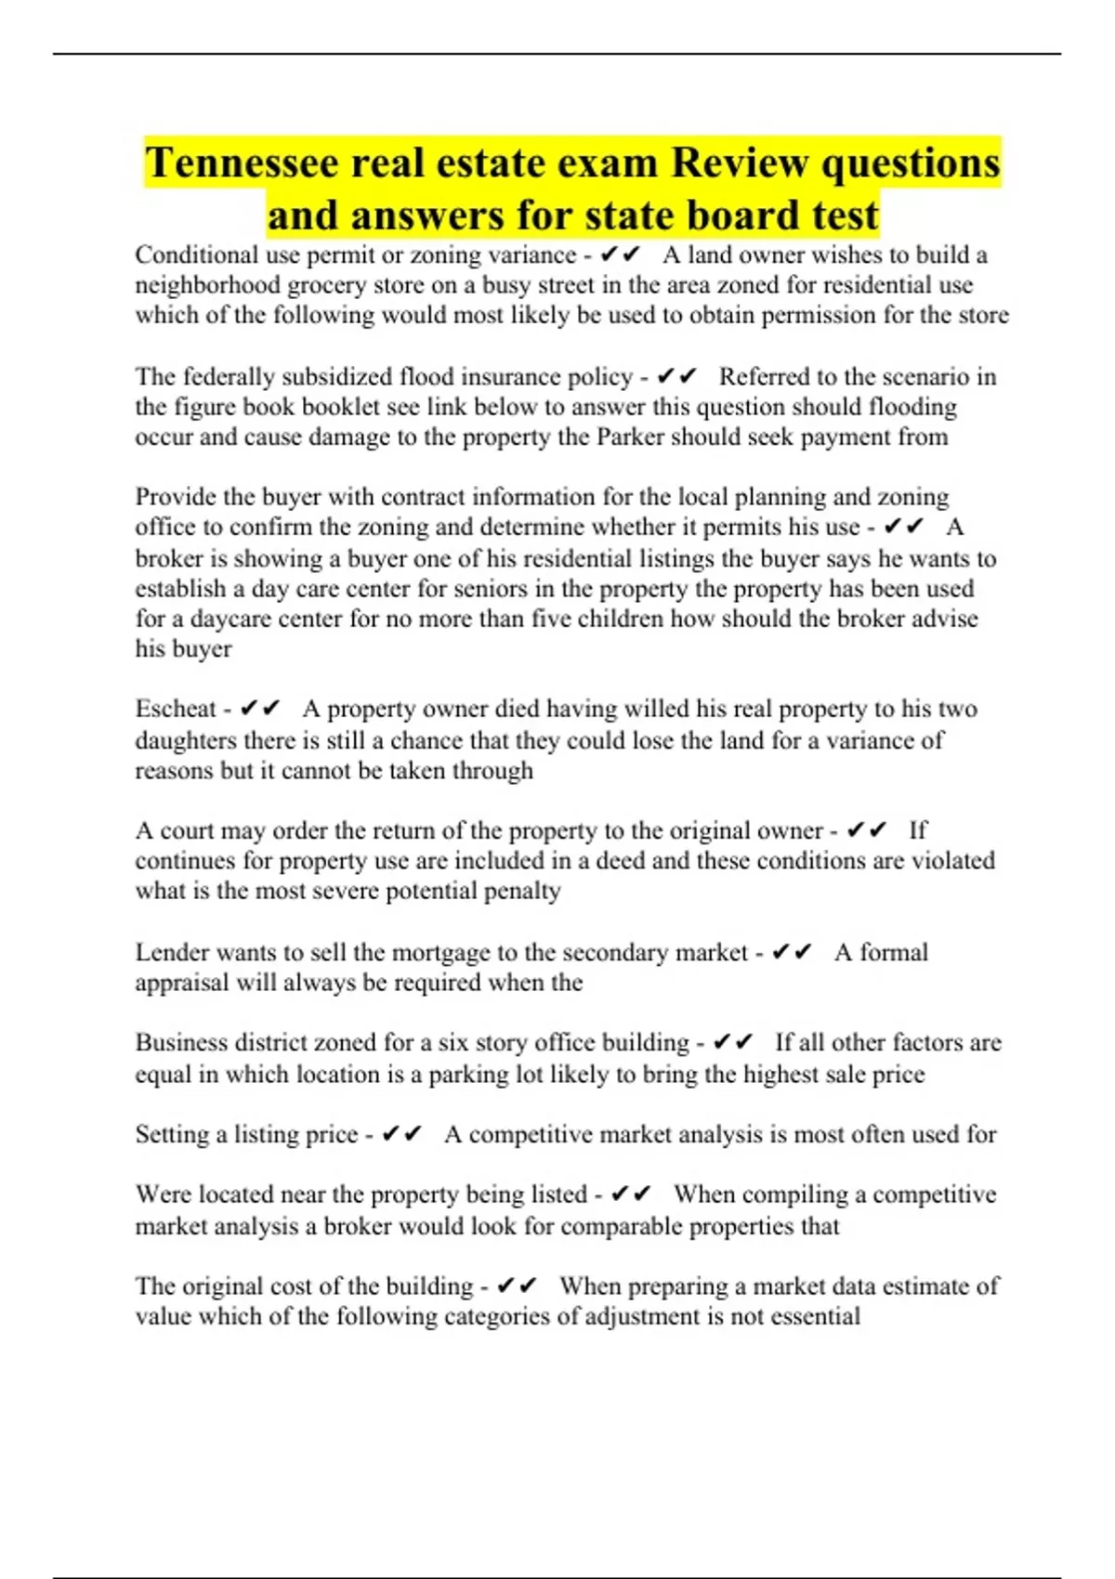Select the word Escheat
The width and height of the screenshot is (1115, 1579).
click(x=176, y=709)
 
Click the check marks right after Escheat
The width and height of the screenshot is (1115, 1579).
click(x=259, y=709)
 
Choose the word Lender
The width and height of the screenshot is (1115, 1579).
click(x=172, y=953)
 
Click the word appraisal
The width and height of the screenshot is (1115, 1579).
click(x=181, y=983)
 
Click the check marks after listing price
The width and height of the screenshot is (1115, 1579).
click(x=401, y=1134)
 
